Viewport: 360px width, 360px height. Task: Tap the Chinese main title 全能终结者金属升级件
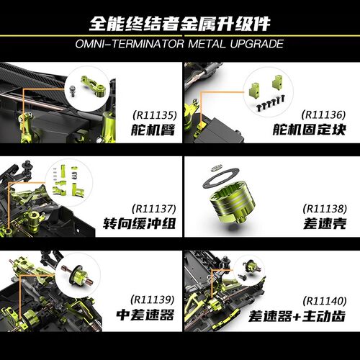click(x=180, y=22)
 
